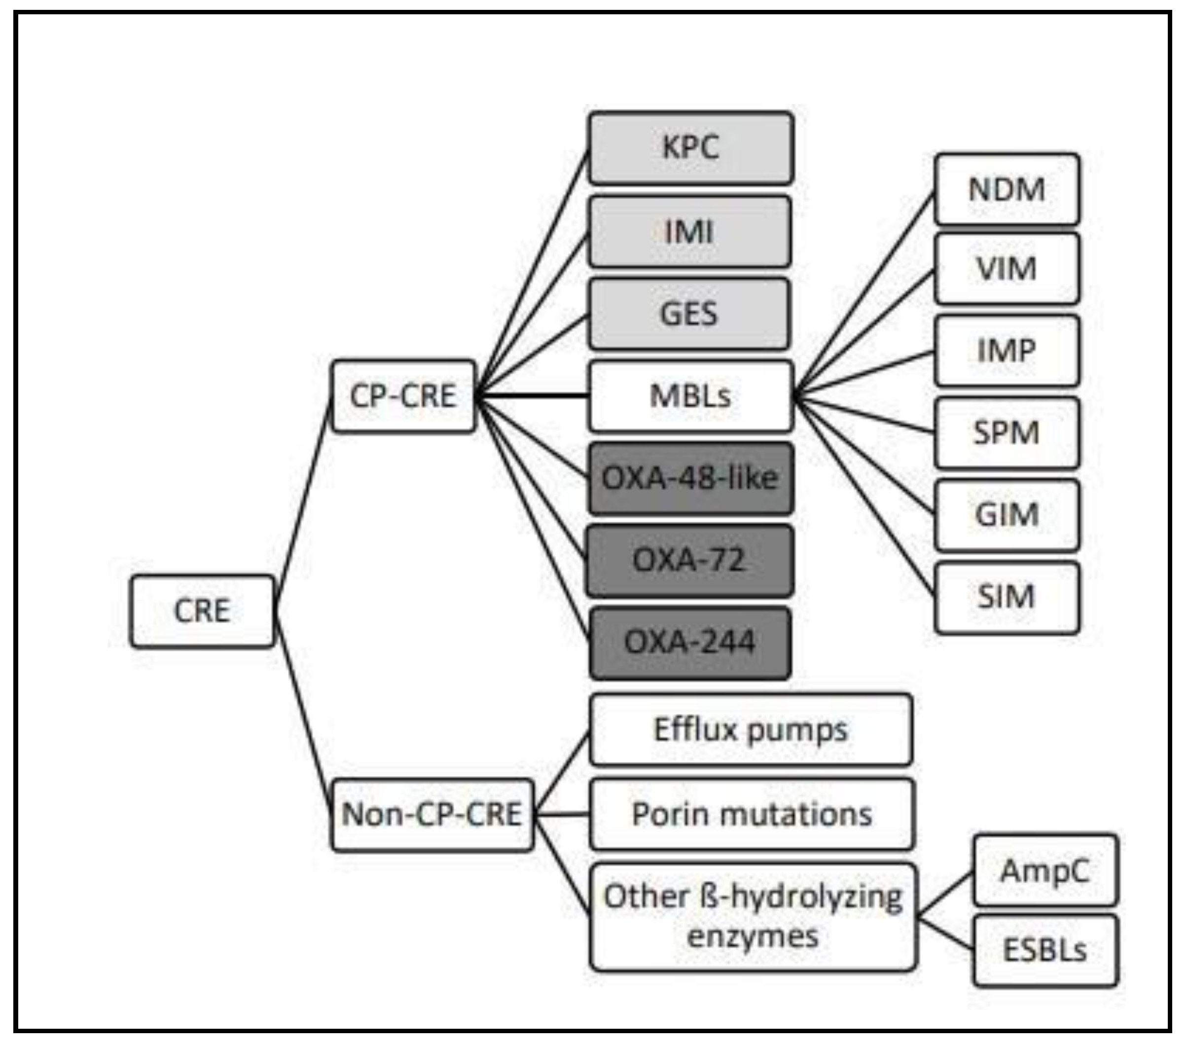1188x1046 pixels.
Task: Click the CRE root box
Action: coord(202,611)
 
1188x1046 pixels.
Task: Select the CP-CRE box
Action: coord(403,396)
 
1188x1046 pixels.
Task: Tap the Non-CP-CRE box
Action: coord(432,814)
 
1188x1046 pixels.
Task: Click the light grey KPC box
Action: coord(690,147)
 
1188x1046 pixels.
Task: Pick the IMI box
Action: coord(689,231)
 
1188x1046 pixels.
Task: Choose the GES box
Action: coord(689,314)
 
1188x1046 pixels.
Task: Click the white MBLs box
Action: coord(690,396)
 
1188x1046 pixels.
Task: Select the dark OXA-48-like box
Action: coord(690,478)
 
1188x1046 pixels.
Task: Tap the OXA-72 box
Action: coord(689,560)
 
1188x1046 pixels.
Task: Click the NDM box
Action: coord(1007,189)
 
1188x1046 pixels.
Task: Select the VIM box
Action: coord(1007,268)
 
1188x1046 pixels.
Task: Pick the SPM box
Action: coord(1007,433)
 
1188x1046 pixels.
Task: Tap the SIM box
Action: coord(1007,597)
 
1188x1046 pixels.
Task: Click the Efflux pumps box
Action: coord(751,729)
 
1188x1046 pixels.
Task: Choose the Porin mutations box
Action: coord(752,814)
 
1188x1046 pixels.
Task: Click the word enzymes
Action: coord(753,937)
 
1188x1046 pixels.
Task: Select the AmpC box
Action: coord(1045,870)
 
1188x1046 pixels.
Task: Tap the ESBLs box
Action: coord(1045,951)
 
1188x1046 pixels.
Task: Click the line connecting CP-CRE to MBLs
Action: coord(532,396)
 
